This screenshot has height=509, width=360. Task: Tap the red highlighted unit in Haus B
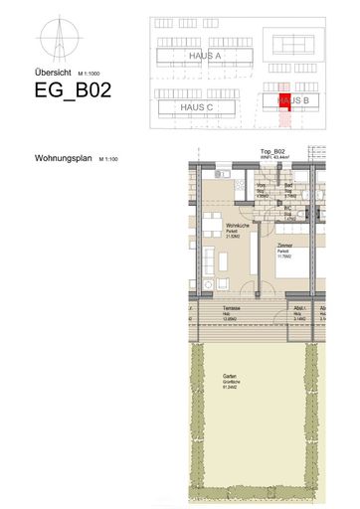coord(283,98)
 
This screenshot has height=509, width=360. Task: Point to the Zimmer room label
coord(284,245)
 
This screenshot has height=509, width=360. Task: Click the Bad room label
coord(288,186)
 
